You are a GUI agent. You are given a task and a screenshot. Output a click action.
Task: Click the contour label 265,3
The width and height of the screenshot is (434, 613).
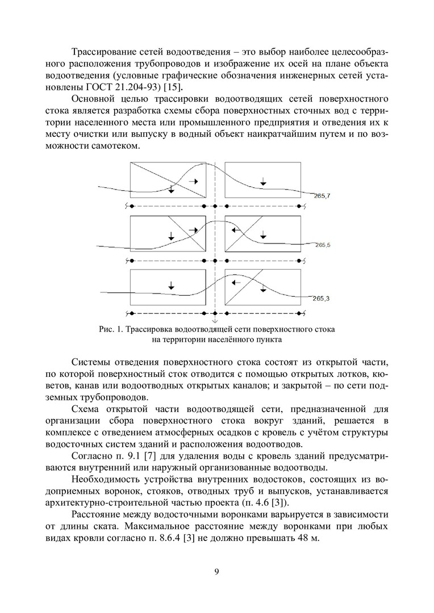point(321,298)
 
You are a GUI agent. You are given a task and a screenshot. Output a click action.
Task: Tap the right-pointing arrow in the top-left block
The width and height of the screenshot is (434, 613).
point(194,180)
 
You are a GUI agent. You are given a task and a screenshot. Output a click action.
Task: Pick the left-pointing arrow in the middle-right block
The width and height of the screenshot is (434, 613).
point(236,230)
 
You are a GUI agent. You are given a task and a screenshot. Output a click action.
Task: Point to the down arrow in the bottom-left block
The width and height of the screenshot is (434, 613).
point(171,285)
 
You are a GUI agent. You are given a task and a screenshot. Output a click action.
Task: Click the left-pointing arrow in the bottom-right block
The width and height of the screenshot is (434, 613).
point(236,282)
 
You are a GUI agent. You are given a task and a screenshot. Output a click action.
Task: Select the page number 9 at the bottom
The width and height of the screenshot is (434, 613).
point(217,572)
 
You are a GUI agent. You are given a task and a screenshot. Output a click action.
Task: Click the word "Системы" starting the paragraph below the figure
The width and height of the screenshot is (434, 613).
point(93,362)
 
